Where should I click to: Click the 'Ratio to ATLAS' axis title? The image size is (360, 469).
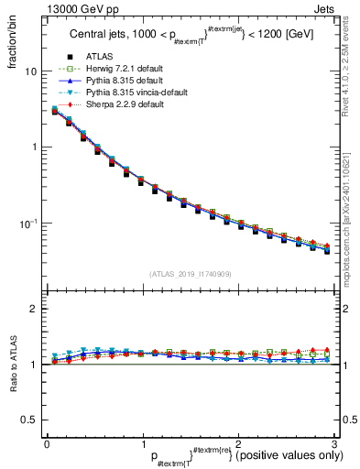pos(12,365)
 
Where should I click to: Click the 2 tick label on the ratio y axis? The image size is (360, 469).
pos(34,310)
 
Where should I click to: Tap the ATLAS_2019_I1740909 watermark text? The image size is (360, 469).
pos(190,274)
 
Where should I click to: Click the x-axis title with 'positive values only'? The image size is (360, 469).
pos(247,455)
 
